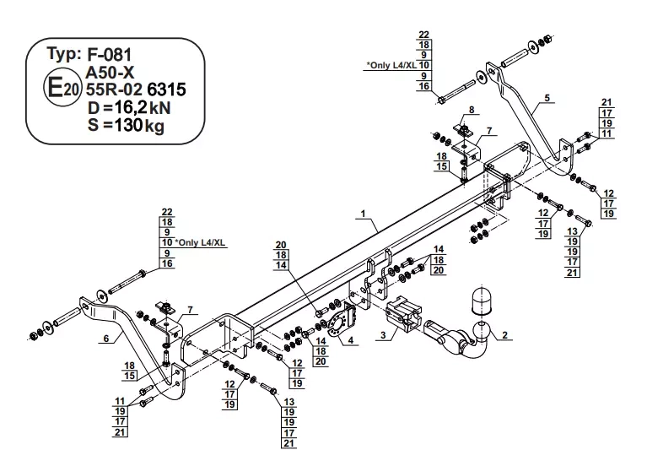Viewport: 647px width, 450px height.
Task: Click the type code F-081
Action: pyautogui.click(x=110, y=55)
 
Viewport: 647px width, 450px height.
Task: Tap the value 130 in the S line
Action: pyautogui.click(x=128, y=125)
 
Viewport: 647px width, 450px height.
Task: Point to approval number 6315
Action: pyautogui.click(x=166, y=89)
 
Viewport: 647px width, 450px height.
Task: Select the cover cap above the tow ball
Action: pyautogui.click(x=481, y=301)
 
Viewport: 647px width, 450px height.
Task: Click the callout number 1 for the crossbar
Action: pyautogui.click(x=363, y=214)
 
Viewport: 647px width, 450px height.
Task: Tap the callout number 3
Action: pyautogui.click(x=383, y=335)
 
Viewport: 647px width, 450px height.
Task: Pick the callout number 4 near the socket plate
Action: pyautogui.click(x=350, y=340)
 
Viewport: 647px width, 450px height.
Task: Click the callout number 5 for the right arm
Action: pyautogui.click(x=547, y=98)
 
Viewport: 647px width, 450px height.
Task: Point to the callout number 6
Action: pyautogui.click(x=106, y=339)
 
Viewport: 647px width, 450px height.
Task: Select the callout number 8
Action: pyautogui.click(x=472, y=110)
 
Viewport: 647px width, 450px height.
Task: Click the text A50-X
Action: pyautogui.click(x=110, y=73)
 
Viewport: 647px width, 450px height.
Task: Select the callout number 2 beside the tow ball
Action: pyautogui.click(x=504, y=335)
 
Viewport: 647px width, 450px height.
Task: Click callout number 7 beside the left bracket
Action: pyautogui.click(x=191, y=310)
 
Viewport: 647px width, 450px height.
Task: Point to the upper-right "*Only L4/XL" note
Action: pyautogui.click(x=391, y=65)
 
